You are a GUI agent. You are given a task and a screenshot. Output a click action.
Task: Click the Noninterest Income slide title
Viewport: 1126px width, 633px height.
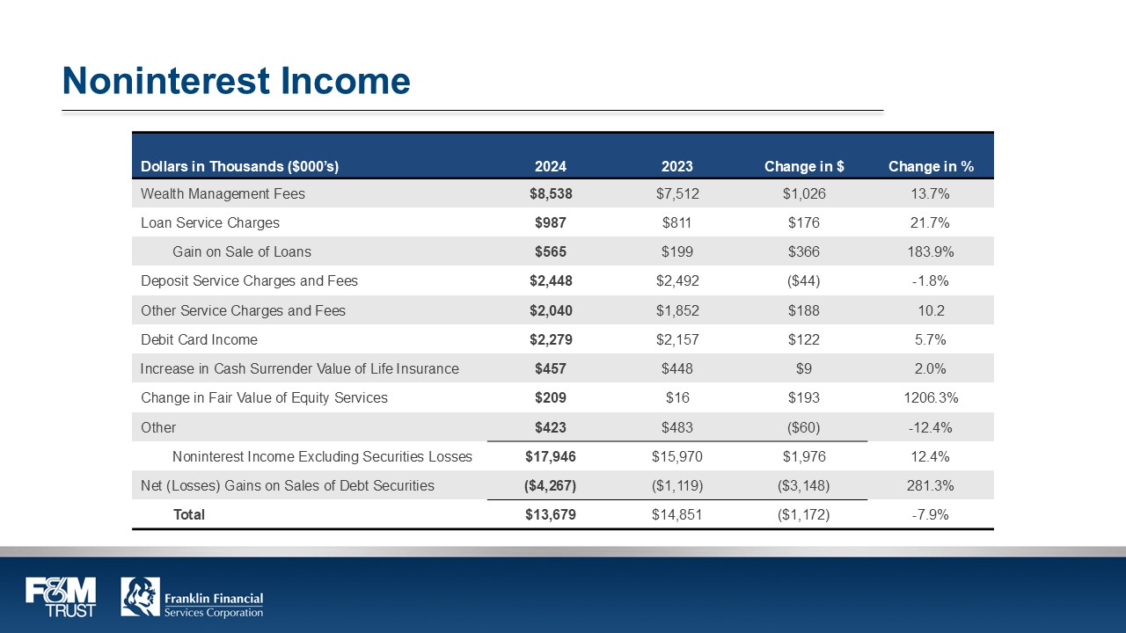[236, 81]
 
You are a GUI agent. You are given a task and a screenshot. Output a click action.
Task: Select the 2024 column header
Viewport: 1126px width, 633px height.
[551, 166]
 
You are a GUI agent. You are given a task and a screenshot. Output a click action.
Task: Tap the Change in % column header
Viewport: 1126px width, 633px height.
[931, 166]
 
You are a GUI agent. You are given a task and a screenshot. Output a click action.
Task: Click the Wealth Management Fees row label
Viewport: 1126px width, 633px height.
[223, 193]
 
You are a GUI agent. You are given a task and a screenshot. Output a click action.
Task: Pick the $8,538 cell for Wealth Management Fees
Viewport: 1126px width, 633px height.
[551, 193]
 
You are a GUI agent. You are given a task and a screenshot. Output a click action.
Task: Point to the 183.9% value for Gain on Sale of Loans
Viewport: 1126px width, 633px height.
[931, 251]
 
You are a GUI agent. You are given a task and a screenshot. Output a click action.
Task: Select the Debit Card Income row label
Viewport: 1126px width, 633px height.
[199, 339]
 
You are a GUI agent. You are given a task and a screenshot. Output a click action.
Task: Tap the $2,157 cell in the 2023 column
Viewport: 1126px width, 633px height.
[677, 339]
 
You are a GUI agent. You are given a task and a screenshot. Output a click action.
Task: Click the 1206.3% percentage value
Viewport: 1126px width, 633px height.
[931, 397]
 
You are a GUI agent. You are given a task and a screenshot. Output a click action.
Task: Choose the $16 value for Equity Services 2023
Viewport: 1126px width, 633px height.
[677, 397]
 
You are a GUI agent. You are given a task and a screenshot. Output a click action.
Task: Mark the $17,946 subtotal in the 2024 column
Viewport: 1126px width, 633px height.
[551, 456]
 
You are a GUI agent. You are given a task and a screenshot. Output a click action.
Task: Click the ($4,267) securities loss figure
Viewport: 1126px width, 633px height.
[551, 485]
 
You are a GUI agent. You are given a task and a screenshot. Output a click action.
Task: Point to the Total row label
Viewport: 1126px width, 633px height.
[189, 514]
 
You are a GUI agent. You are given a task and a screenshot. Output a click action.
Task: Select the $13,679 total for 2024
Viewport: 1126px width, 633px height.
[551, 514]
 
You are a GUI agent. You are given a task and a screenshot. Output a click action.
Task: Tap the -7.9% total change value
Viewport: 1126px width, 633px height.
[931, 514]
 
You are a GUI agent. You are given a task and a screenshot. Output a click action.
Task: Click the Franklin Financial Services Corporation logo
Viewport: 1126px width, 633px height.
[192, 597]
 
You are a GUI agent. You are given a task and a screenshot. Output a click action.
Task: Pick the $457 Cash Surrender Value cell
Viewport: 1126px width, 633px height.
[551, 368]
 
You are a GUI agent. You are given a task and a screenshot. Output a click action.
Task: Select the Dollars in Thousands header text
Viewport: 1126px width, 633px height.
[239, 166]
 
